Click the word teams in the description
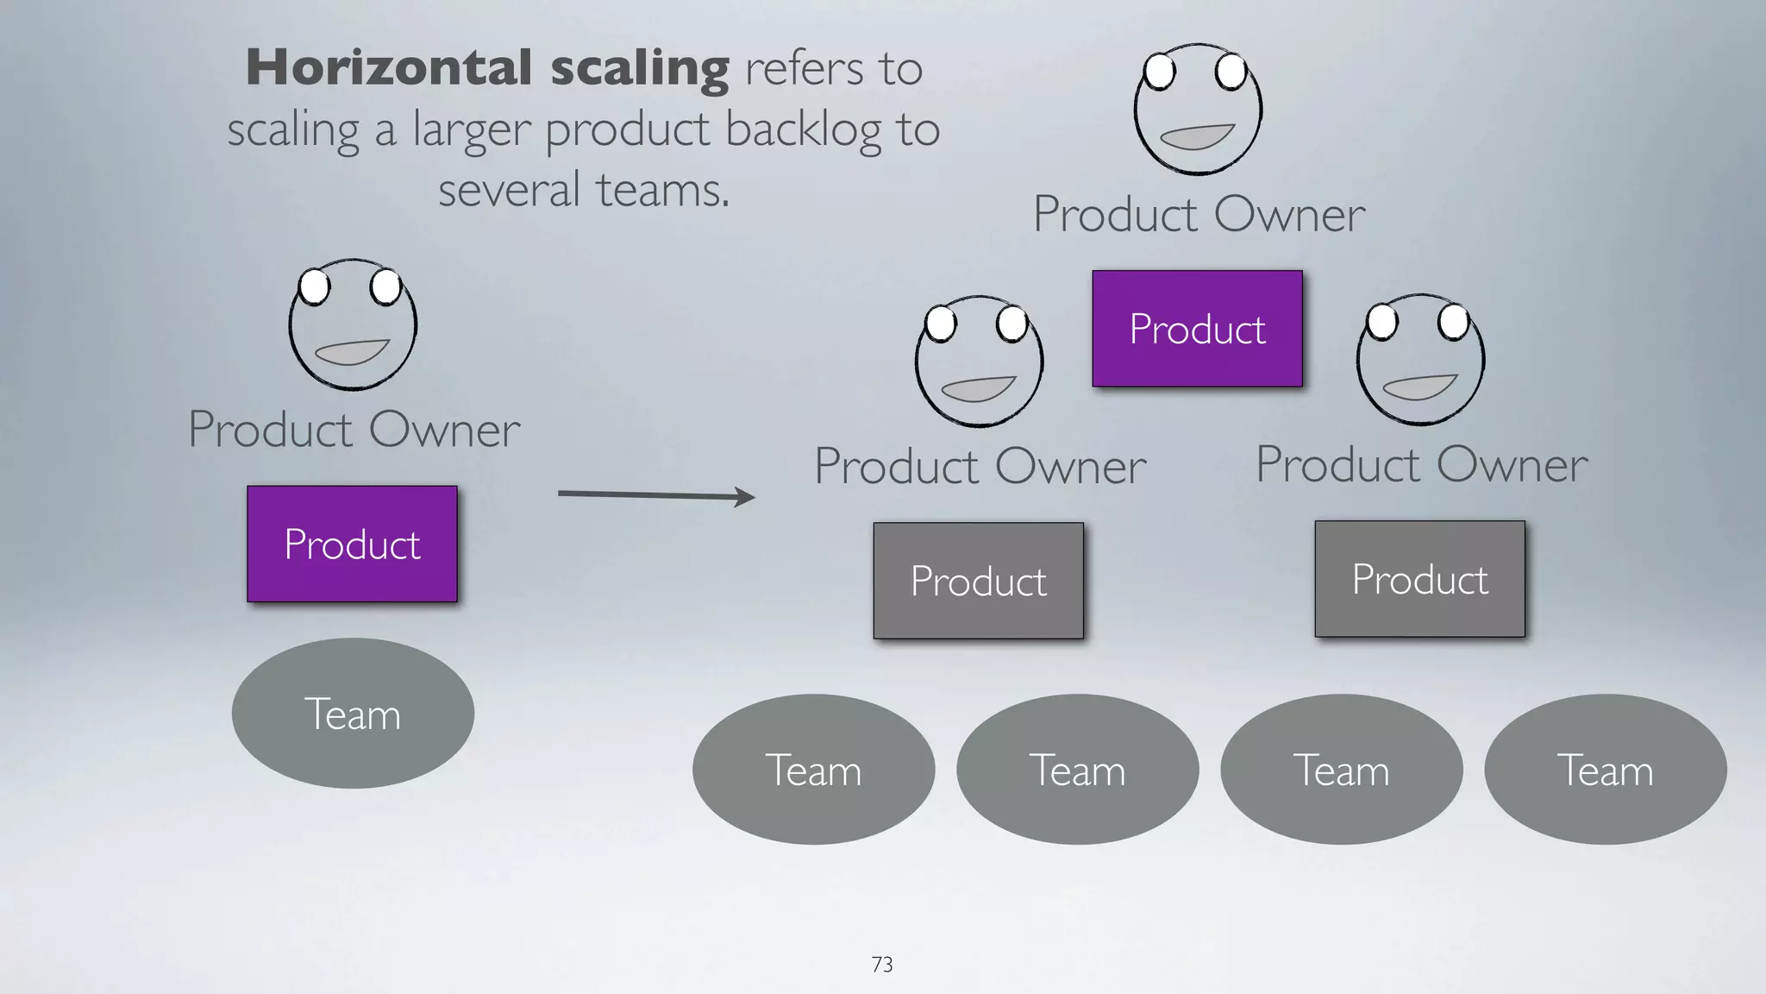pyautogui.click(x=661, y=191)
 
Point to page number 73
pyautogui.click(x=882, y=965)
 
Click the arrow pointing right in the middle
pyautogui.click(x=655, y=495)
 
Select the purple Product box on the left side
pyautogui.click(x=352, y=544)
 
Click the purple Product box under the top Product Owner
pyautogui.click(x=1197, y=329)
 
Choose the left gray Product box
pyautogui.click(x=978, y=581)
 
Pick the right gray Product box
pyautogui.click(x=1419, y=579)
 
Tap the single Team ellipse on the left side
pyautogui.click(x=352, y=714)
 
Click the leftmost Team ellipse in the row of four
pyautogui.click(x=813, y=770)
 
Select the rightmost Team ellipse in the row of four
pyautogui.click(x=1605, y=770)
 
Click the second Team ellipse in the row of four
pyautogui.click(x=1077, y=770)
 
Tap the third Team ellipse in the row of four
pyautogui.click(x=1341, y=770)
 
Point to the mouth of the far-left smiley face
pyautogui.click(x=351, y=352)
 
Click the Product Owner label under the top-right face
pyautogui.click(x=1199, y=215)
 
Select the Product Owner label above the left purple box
pyautogui.click(x=354, y=430)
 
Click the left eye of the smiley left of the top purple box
pyautogui.click(x=940, y=325)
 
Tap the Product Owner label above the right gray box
pyautogui.click(x=1420, y=465)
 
